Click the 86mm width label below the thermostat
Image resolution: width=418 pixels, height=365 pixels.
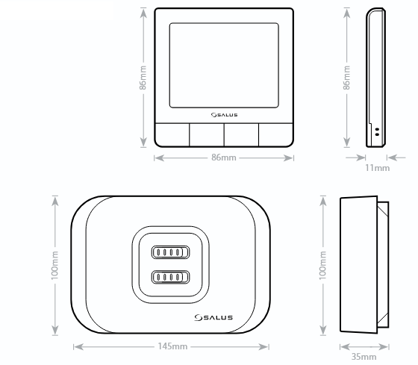tap(224, 157)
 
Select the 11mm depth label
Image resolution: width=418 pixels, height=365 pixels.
tap(377, 168)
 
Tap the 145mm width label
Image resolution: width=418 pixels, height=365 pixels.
tap(172, 346)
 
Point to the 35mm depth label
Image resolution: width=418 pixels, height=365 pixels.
tap(364, 357)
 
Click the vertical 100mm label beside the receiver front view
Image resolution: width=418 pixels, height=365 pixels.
tap(54, 265)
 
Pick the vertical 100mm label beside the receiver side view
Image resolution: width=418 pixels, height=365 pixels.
tap(322, 265)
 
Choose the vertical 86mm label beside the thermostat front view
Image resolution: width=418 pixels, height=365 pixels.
tap(143, 78)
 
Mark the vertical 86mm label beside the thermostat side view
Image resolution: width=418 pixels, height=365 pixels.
tap(346, 78)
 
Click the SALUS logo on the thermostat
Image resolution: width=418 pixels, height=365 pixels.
tap(224, 115)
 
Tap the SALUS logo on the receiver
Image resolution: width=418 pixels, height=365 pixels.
tap(213, 317)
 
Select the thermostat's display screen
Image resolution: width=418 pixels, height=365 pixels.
tap(224, 66)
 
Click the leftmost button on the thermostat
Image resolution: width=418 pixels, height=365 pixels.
tap(172, 135)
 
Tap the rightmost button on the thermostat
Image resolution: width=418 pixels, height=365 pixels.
tap(276, 135)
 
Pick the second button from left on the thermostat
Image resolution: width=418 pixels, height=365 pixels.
tap(207, 135)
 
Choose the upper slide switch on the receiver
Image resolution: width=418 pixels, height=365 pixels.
tap(170, 252)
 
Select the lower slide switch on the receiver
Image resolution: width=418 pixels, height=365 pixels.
tap(170, 277)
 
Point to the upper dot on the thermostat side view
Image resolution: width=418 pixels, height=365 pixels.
tap(377, 129)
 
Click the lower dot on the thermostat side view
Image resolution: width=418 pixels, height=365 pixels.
tap(377, 134)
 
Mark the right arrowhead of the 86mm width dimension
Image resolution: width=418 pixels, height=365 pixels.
tap(288, 157)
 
